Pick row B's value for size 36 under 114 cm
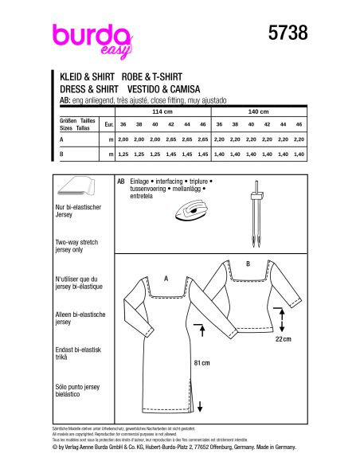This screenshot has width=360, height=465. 123,153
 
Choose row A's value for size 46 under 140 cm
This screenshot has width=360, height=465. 299,139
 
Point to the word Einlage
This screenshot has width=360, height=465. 139,182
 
